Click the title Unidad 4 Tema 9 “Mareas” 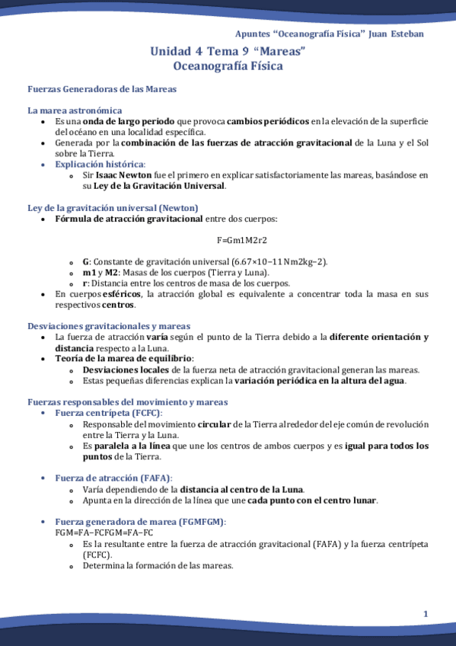click(x=228, y=52)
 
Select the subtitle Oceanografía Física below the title click(x=228, y=66)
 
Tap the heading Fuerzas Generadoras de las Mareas click(x=102, y=89)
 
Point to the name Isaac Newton click(x=123, y=175)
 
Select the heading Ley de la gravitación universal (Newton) click(x=113, y=208)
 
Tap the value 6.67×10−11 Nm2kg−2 click(x=279, y=261)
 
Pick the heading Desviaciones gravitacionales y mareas click(x=109, y=326)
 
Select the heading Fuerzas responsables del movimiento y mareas click(x=127, y=401)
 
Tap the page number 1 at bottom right click(x=426, y=614)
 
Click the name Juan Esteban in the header click(x=396, y=34)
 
